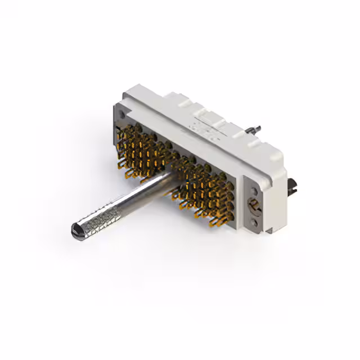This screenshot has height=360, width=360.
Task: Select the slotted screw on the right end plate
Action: (x=255, y=205)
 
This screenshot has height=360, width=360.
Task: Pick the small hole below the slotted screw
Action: (x=256, y=223)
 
